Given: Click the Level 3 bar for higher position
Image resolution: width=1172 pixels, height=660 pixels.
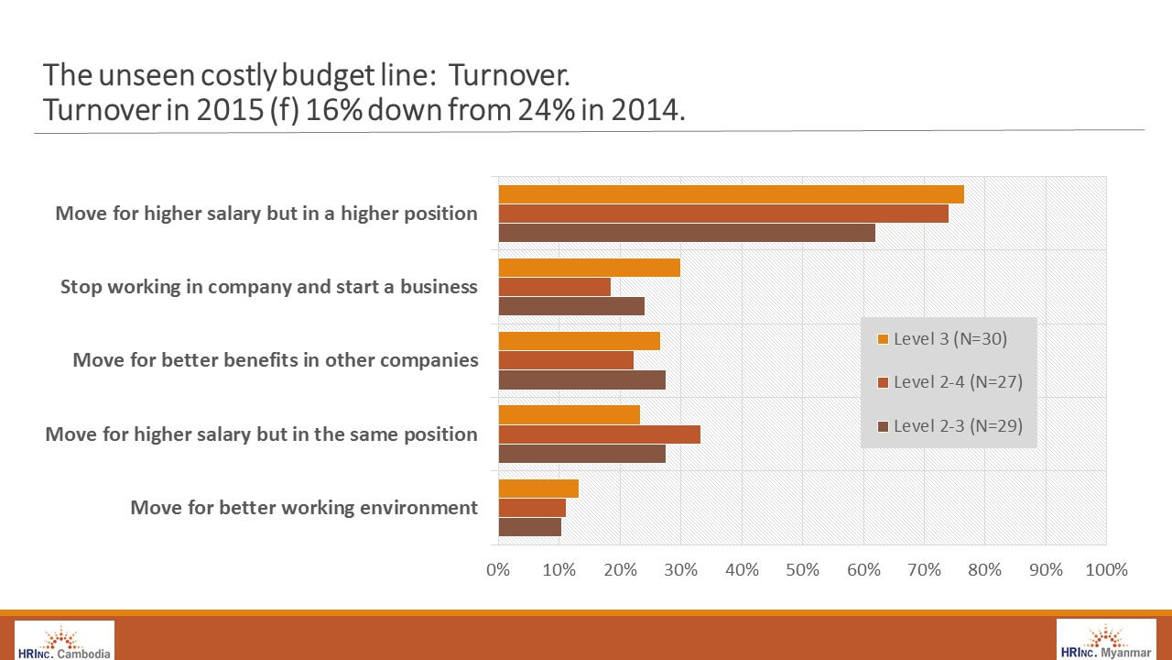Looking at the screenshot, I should (731, 194).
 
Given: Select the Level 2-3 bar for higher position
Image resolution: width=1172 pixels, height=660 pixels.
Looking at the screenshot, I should (687, 233).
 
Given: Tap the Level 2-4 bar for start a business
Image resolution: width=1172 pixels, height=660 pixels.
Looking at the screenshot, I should (554, 287).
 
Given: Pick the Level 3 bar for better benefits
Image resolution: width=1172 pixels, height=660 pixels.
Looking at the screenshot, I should (579, 341).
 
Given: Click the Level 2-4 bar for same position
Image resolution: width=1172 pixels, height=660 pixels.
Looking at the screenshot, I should (599, 434).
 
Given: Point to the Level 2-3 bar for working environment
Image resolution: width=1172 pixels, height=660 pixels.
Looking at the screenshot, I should (529, 527).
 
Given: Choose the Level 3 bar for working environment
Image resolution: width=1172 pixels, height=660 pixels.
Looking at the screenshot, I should (538, 489).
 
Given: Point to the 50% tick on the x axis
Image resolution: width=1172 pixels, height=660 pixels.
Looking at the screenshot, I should (802, 570).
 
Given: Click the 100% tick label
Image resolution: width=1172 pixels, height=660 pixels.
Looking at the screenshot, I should (1106, 570).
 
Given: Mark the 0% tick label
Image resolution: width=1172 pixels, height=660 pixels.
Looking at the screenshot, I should (498, 570).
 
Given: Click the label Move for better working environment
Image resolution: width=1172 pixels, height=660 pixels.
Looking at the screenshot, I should (304, 507).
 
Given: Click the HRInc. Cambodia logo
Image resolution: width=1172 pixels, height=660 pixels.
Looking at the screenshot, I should (64, 641).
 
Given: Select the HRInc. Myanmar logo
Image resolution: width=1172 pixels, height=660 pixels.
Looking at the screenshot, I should (1107, 640).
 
